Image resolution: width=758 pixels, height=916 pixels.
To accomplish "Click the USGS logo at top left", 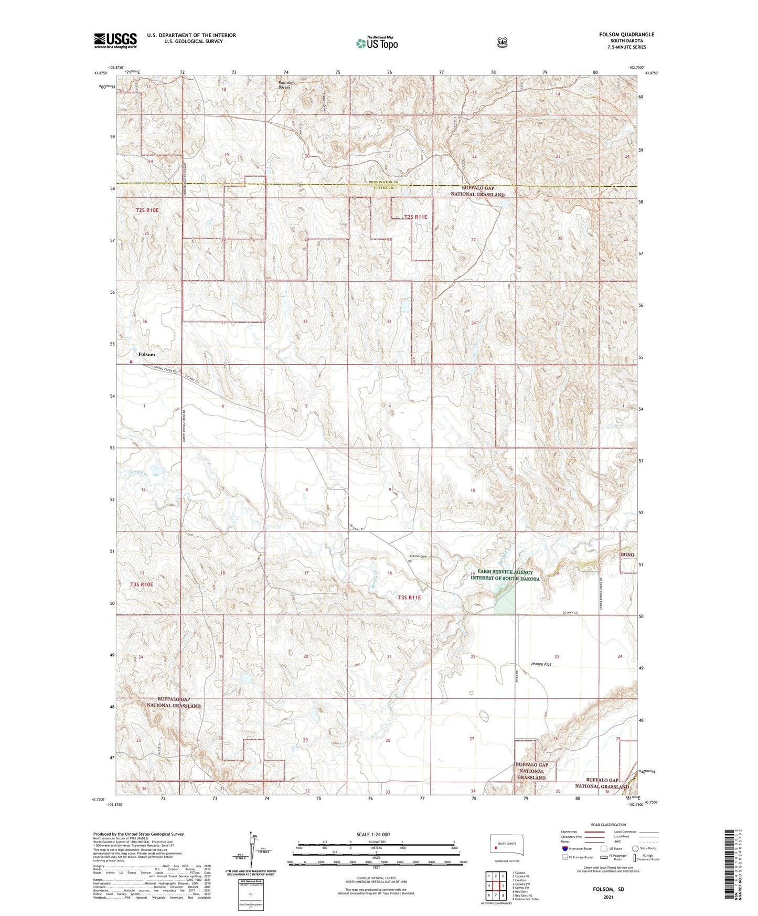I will pyautogui.click(x=115, y=40).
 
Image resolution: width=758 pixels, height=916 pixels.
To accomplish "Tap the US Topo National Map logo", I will pyautogui.click(x=377, y=43).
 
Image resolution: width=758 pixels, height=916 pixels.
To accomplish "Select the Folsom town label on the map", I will pyautogui.click(x=146, y=355).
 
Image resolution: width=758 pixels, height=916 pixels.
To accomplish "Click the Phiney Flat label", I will pyautogui.click(x=541, y=664).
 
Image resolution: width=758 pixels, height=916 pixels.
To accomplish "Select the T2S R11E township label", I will pyautogui.click(x=415, y=217).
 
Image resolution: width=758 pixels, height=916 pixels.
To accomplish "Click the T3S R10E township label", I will pyautogui.click(x=141, y=584).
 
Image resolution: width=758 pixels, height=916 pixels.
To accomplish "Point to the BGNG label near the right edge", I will pyautogui.click(x=627, y=555).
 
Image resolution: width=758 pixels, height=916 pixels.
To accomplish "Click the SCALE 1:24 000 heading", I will pyautogui.click(x=373, y=834).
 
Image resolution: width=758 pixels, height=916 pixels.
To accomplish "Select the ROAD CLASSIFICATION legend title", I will pyautogui.click(x=608, y=825).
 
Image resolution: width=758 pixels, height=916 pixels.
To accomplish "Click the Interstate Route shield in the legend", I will pyautogui.click(x=564, y=848).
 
